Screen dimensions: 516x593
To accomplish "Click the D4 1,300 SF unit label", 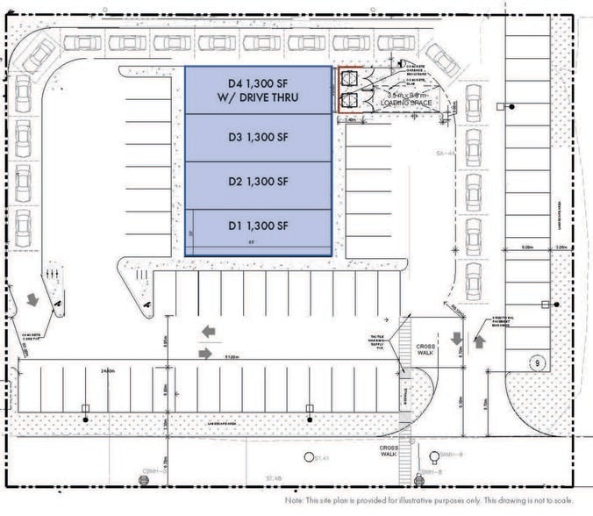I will (x=258, y=90).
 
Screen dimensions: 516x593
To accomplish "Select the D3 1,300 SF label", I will (x=258, y=137).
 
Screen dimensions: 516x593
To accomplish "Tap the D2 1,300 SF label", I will (x=258, y=182).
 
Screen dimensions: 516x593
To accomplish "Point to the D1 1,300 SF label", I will (x=258, y=226).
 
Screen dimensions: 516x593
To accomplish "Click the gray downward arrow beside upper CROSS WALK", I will (x=457, y=339).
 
